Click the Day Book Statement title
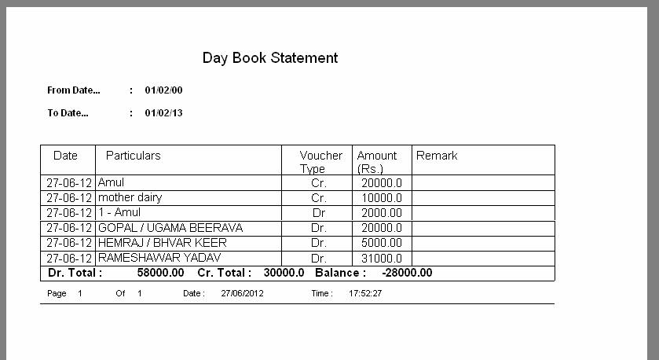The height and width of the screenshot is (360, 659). [x=270, y=57]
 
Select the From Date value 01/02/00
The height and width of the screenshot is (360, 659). [x=163, y=90]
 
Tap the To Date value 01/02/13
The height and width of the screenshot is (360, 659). [x=163, y=113]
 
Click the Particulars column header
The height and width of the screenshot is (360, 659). [x=133, y=156]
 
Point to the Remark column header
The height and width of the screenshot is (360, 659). [x=437, y=156]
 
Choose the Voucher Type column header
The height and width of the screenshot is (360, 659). [x=320, y=162]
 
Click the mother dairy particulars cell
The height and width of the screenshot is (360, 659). [x=130, y=197]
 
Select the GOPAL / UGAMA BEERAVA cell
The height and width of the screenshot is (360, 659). [x=170, y=228]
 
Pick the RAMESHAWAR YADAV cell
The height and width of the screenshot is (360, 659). [x=159, y=258]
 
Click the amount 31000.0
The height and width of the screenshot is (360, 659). [x=382, y=259]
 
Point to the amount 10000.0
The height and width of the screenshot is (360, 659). [x=382, y=198]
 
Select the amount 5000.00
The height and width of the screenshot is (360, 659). [x=382, y=244]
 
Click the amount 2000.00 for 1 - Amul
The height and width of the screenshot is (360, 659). [x=382, y=213]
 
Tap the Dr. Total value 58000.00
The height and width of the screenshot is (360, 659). [x=160, y=273]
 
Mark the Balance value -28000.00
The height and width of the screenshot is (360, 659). [x=406, y=273]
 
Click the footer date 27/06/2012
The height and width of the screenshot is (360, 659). [x=242, y=293]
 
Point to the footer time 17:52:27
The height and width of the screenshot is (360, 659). [x=365, y=293]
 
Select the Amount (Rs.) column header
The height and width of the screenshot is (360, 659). [x=377, y=162]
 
